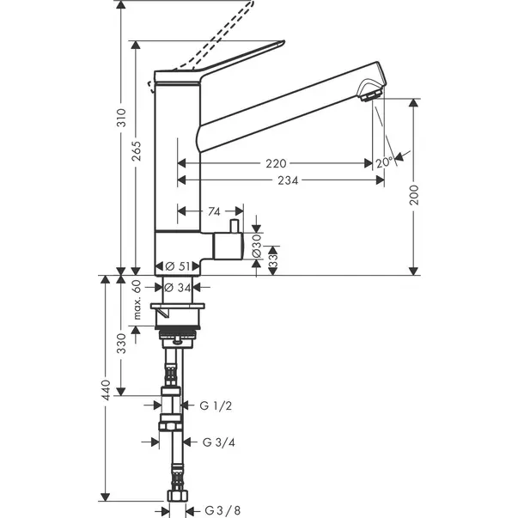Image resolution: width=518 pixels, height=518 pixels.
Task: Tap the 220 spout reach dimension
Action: pyautogui.click(x=277, y=163)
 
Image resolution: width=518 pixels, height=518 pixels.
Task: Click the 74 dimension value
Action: pyautogui.click(x=214, y=210)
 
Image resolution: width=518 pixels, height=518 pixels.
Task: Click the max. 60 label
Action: pyautogui.click(x=137, y=300)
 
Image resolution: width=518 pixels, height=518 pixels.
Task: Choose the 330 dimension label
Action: pyautogui.click(x=121, y=344)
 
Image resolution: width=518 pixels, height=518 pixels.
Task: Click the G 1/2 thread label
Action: pyautogui.click(x=217, y=405)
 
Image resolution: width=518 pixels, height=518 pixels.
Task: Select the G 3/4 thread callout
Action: pyautogui.click(x=220, y=443)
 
